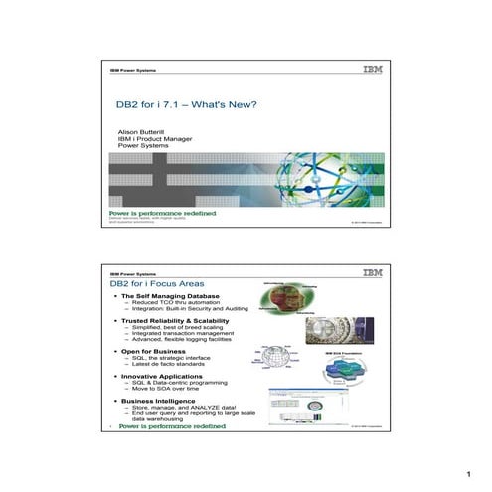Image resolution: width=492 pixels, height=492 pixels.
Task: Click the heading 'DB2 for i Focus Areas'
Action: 162,285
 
